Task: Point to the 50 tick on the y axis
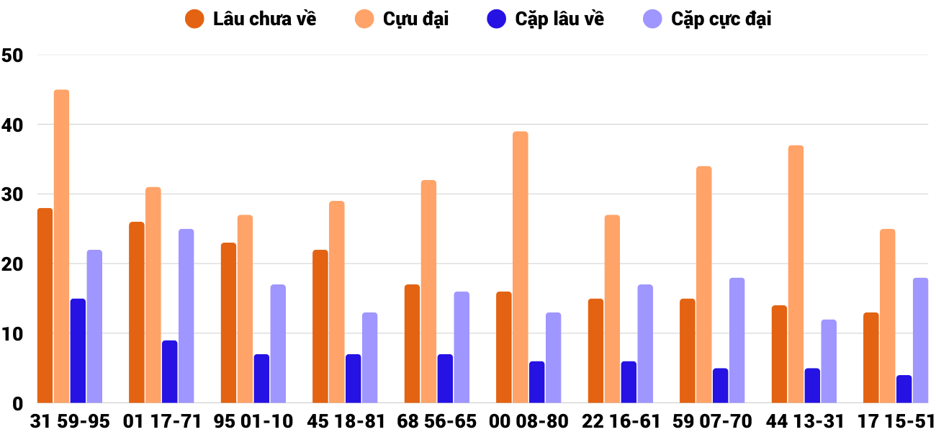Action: tap(13, 55)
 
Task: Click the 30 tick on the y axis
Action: tap(13, 195)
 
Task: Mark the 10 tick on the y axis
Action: tap(13, 334)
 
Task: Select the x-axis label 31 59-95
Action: tap(70, 421)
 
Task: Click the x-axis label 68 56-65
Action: tap(437, 421)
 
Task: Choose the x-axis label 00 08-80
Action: tap(528, 421)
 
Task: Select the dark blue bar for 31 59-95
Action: tap(78, 351)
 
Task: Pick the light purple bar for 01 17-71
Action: tap(186, 316)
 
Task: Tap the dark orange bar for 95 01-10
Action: tap(228, 323)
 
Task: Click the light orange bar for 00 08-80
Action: tap(520, 267)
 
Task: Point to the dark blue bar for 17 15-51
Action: tap(904, 389)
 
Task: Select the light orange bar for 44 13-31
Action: tap(796, 274)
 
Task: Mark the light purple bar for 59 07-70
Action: tap(737, 341)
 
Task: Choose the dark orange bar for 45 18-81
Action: tap(320, 326)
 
